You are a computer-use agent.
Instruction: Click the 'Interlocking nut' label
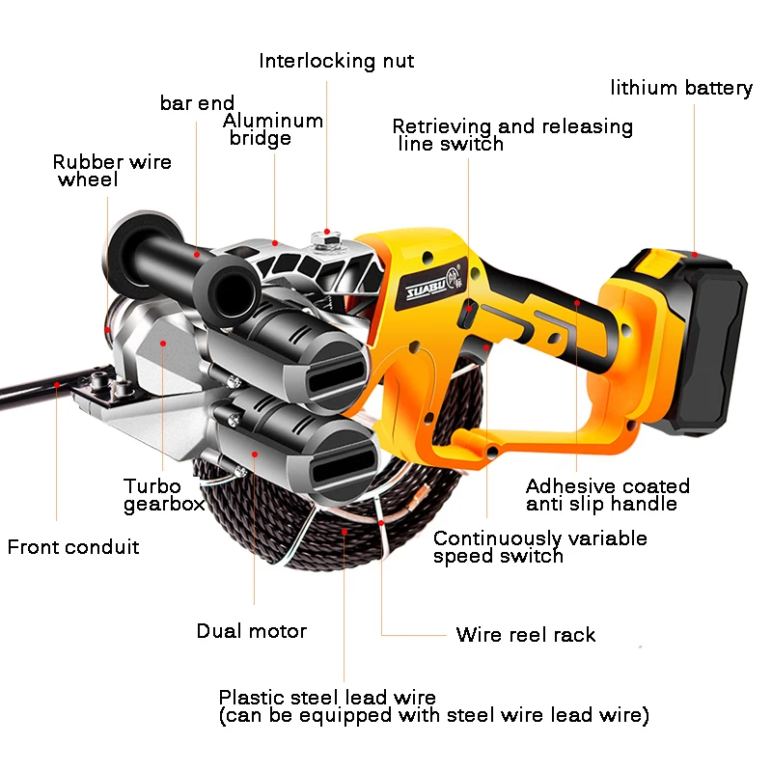336,62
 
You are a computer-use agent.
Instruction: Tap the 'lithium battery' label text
680,89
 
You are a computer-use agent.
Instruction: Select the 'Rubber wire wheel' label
112,171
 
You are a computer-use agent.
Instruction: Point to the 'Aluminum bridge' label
272,129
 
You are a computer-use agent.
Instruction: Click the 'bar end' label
197,103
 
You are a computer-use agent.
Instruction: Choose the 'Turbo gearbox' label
163,494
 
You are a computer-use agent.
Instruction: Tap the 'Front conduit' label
73,547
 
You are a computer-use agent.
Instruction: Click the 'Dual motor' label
251,631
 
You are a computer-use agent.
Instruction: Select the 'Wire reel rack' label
525,635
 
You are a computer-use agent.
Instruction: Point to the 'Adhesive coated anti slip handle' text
607,494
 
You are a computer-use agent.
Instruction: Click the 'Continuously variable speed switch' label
539,546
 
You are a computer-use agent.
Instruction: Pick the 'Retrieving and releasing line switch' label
511,135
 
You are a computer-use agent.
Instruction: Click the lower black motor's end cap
340,461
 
